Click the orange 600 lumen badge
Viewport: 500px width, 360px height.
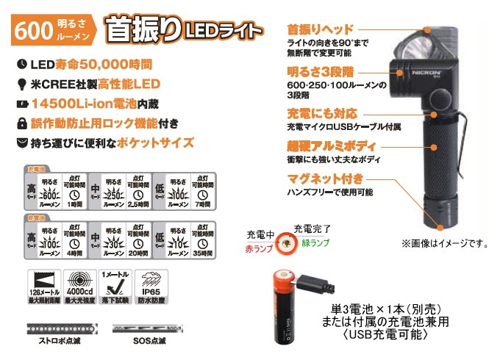click(50, 30)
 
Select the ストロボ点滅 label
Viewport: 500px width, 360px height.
click(59, 342)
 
